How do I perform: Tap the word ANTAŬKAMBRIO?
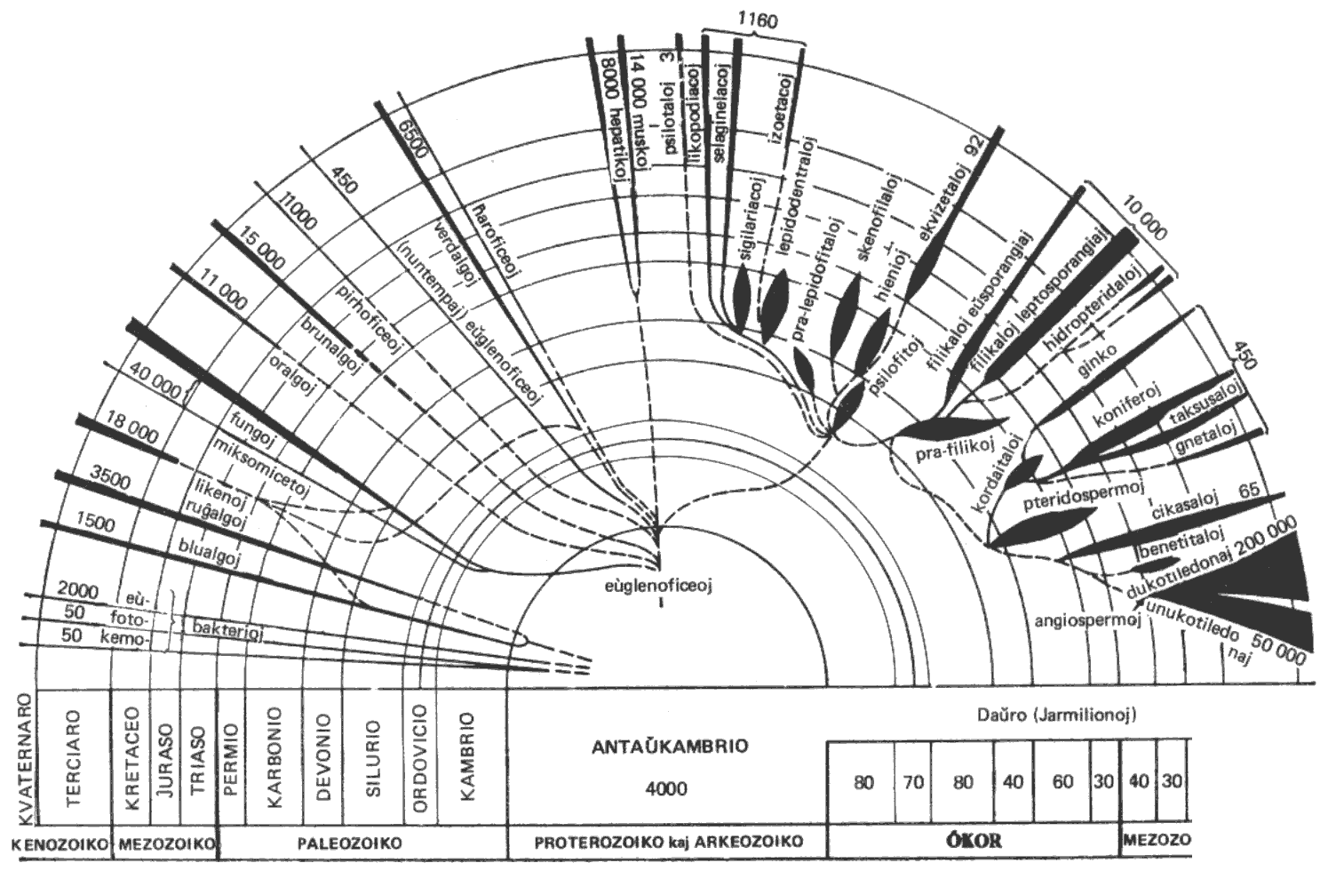click(670, 746)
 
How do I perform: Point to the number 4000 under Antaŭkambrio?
click(667, 788)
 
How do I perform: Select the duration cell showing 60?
click(1062, 782)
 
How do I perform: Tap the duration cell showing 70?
click(913, 782)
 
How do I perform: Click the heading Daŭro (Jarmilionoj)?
click(1052, 714)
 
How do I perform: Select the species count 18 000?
click(131, 432)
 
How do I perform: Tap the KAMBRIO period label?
click(467, 756)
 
